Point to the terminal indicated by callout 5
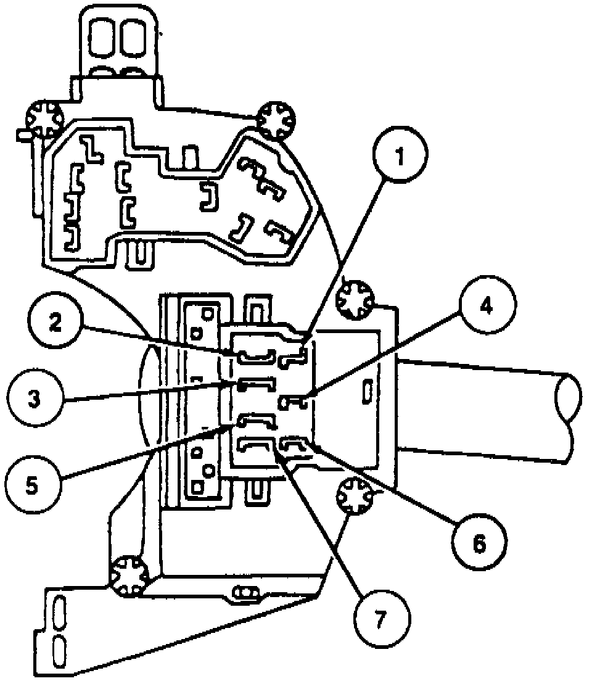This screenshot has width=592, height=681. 255,421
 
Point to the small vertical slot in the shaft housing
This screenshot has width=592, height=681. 368,390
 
